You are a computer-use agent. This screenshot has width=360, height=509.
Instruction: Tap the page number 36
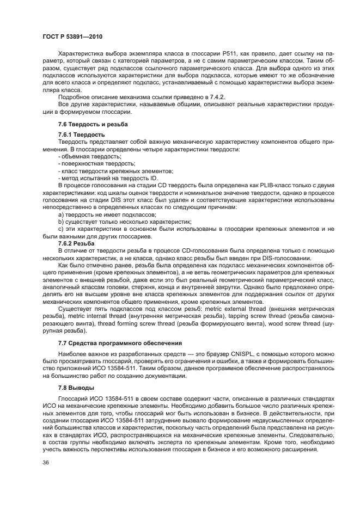point(46,463)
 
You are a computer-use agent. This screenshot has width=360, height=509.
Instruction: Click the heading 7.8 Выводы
point(76,388)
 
